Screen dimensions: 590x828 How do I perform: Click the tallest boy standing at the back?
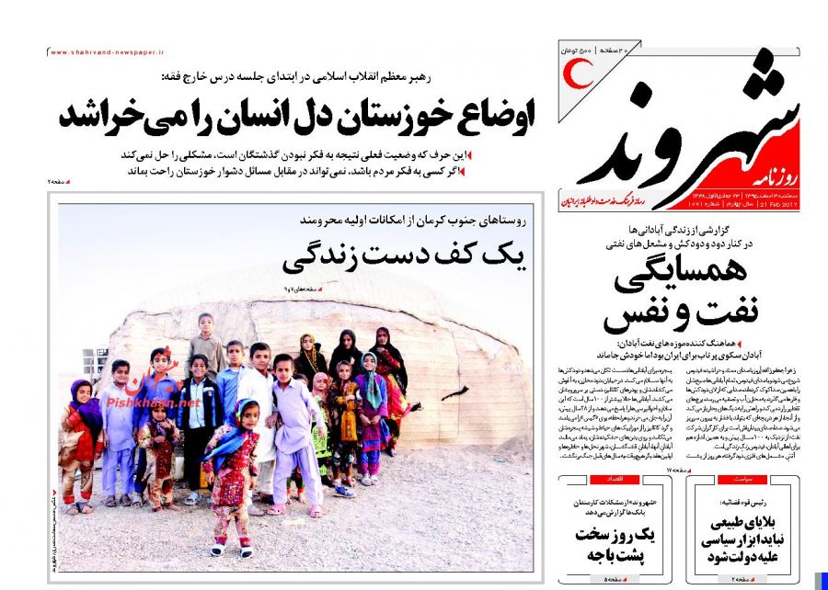click(206, 340)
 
